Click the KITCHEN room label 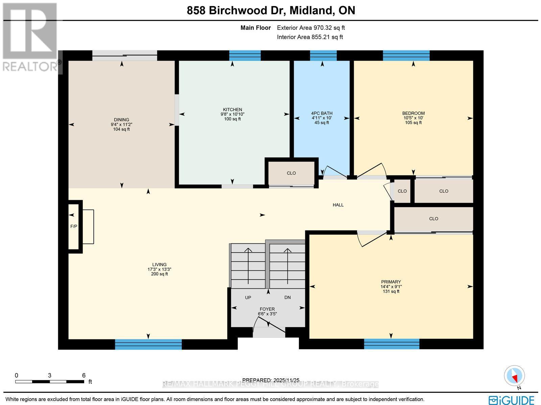(x=232, y=110)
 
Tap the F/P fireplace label (x=74, y=226)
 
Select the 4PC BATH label (x=322, y=113)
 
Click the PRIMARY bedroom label (x=391, y=282)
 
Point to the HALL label (x=338, y=205)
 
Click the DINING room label (x=121, y=119)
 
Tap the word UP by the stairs (x=248, y=297)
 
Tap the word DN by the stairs (x=287, y=297)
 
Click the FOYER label (x=267, y=309)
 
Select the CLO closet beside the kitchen (x=291, y=173)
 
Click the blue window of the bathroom (x=323, y=55)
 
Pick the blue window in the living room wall (x=148, y=344)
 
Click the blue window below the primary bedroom (x=392, y=344)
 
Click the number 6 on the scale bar (x=84, y=375)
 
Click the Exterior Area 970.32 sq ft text (x=311, y=28)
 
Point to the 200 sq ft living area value (x=159, y=274)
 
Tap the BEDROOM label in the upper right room (x=413, y=113)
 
